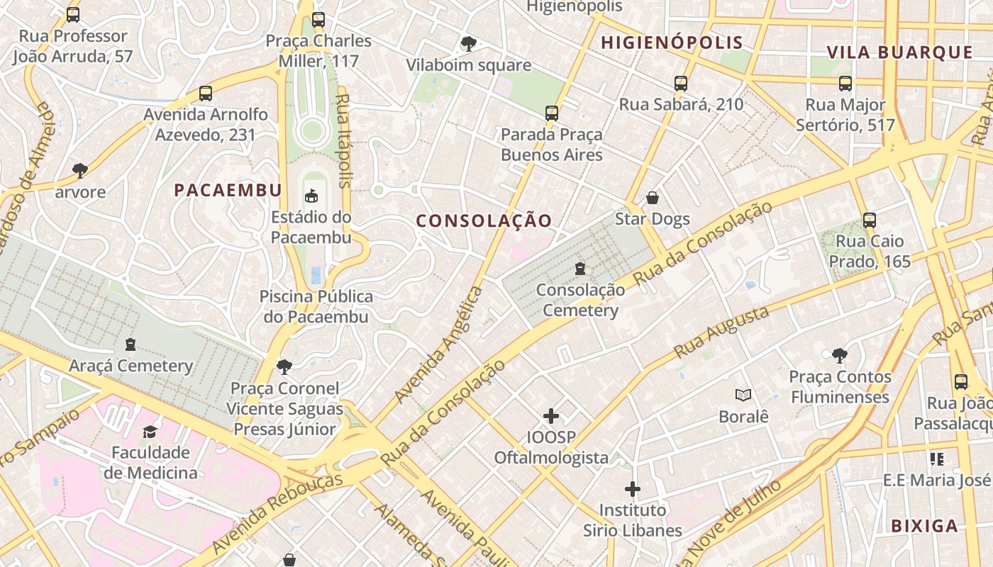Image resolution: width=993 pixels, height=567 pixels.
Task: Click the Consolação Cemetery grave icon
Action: [x=580, y=269]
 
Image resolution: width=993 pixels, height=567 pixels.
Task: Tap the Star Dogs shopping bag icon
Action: [x=653, y=198]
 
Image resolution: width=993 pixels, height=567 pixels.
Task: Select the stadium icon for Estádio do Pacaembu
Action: [x=311, y=196]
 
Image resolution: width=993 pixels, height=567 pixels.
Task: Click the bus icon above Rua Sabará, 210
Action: [x=681, y=83]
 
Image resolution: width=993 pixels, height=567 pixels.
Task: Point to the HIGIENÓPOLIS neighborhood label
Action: [x=672, y=43]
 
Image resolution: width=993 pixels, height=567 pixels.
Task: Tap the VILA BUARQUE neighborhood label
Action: [x=899, y=52]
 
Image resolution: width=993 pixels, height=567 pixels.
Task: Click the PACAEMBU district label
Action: [x=228, y=190]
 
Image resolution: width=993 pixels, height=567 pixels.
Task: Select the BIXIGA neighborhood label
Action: [x=924, y=526]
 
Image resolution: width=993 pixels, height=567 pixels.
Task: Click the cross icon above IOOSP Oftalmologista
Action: [x=551, y=416]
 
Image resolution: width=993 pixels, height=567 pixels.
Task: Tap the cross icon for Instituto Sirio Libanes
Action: [x=633, y=489]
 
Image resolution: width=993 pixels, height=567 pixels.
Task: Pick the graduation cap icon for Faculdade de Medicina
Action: [x=150, y=432]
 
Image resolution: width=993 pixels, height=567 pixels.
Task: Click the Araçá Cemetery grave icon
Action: [x=131, y=345]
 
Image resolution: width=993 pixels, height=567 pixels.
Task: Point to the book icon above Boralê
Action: [x=743, y=395]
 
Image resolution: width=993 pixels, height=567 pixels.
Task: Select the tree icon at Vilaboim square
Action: [x=468, y=44]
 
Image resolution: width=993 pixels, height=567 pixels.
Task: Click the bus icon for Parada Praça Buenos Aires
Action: [x=551, y=113]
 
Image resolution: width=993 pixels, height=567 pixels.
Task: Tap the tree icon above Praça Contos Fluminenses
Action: [x=840, y=355]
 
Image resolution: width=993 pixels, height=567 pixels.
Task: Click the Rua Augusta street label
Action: [x=721, y=332]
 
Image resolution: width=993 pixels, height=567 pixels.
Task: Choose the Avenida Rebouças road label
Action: [x=277, y=512]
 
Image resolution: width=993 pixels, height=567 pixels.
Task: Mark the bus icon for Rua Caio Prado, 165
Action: [x=870, y=220]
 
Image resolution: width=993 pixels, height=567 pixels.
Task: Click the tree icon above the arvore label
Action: [x=79, y=171]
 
